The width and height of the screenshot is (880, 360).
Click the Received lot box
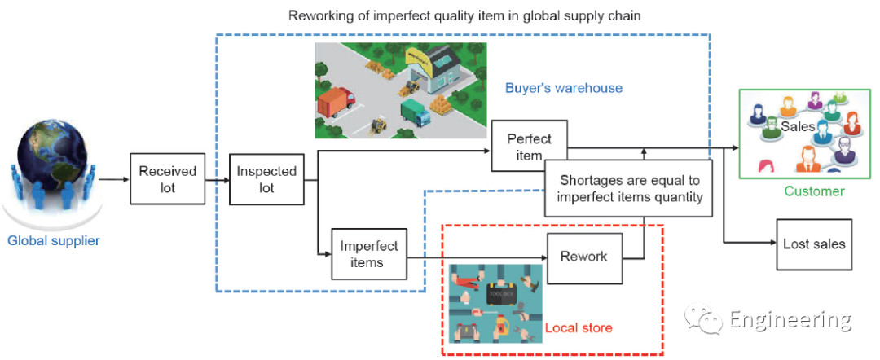pyautogui.click(x=168, y=179)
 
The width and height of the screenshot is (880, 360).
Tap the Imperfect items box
pyautogui.click(x=368, y=253)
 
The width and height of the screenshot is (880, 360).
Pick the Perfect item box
pyautogui.click(x=529, y=147)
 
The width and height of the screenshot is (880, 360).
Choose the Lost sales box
pyautogui.click(x=813, y=244)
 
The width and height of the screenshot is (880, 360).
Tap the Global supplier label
pyautogui.click(x=53, y=240)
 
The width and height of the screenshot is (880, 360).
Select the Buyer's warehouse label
pyautogui.click(x=563, y=88)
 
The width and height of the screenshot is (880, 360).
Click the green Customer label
pyautogui.click(x=814, y=191)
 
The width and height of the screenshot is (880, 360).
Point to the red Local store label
pyautogui.click(x=579, y=327)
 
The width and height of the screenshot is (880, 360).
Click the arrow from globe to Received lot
pyautogui.click(x=112, y=179)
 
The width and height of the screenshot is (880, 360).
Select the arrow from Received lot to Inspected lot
pyautogui.click(x=216, y=179)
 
